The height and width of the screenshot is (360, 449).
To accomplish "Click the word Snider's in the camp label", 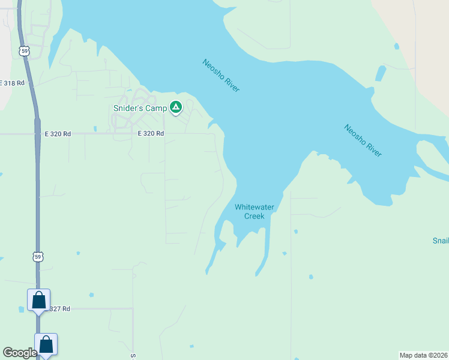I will [x=128, y=108].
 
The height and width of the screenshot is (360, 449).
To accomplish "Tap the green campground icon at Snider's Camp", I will [x=176, y=107].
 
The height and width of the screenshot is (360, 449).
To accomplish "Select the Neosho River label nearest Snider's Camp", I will [x=221, y=75].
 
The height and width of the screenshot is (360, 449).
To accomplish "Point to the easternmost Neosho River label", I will [x=363, y=140].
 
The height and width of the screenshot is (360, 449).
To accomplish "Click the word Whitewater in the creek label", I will [x=255, y=207].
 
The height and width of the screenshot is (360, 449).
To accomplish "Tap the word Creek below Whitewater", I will [x=255, y=216].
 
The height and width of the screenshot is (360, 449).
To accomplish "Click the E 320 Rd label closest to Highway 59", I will [x=53, y=134].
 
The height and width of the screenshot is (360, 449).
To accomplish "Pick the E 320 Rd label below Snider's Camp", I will [x=151, y=134].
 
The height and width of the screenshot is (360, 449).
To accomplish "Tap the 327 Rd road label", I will [x=60, y=308].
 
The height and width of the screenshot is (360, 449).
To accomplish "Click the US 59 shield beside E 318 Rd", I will [x=24, y=51].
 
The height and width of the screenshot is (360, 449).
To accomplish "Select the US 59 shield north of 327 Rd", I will [x=38, y=257].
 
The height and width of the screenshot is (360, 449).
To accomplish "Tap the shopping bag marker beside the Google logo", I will [x=46, y=344].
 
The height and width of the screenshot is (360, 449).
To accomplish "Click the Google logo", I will [x=20, y=353].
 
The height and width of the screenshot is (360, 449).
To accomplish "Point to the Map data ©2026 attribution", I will [x=424, y=355].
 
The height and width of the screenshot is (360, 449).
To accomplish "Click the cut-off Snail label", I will [x=441, y=241].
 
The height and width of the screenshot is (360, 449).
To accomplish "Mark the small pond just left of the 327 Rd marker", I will [x=22, y=309].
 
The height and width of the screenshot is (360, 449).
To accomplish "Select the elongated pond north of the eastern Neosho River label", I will [x=380, y=73].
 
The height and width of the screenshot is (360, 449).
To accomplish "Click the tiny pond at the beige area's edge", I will [x=397, y=46].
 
